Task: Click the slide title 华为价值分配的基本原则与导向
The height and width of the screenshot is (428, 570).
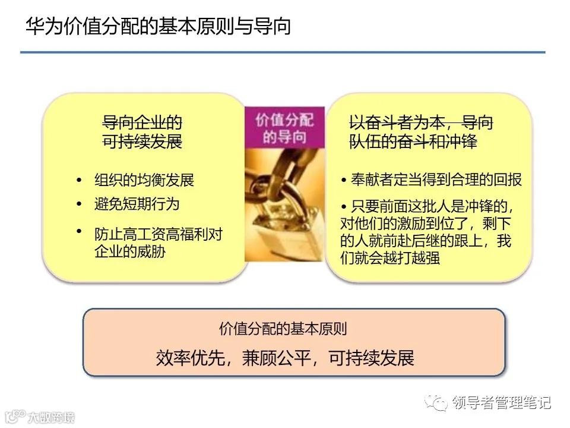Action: (x=158, y=27)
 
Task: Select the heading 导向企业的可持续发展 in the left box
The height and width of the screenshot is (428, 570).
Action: (x=142, y=133)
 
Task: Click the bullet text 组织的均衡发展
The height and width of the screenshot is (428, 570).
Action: (x=144, y=180)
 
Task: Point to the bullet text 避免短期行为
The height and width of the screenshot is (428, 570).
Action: (x=137, y=204)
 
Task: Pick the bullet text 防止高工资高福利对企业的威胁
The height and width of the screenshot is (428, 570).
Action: (x=158, y=243)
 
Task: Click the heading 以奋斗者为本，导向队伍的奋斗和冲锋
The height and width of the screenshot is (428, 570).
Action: (x=421, y=133)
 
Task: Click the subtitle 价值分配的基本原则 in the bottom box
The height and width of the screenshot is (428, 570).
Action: (x=283, y=329)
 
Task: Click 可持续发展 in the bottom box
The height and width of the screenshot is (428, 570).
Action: (x=371, y=357)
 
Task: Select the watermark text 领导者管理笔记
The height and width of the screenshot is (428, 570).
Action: (x=502, y=402)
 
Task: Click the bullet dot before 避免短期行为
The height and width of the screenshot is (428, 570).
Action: (x=79, y=204)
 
